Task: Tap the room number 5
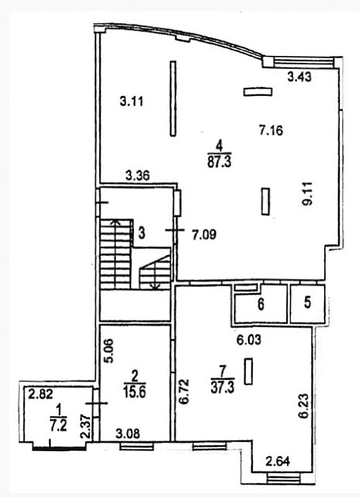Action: [x=307, y=303]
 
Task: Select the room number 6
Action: [x=261, y=304]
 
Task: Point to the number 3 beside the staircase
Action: [x=142, y=234]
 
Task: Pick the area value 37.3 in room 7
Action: [x=223, y=388]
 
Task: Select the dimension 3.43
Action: [x=299, y=76]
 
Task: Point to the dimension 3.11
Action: [x=132, y=101]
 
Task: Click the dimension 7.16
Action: [x=271, y=130]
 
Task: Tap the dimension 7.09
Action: [x=205, y=235]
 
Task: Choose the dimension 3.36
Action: [x=137, y=175]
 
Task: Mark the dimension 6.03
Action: [x=249, y=340]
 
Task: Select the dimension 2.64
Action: [x=278, y=461]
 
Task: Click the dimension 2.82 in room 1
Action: [x=40, y=394]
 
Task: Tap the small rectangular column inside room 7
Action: [x=249, y=371]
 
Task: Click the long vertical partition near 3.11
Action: [x=173, y=99]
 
